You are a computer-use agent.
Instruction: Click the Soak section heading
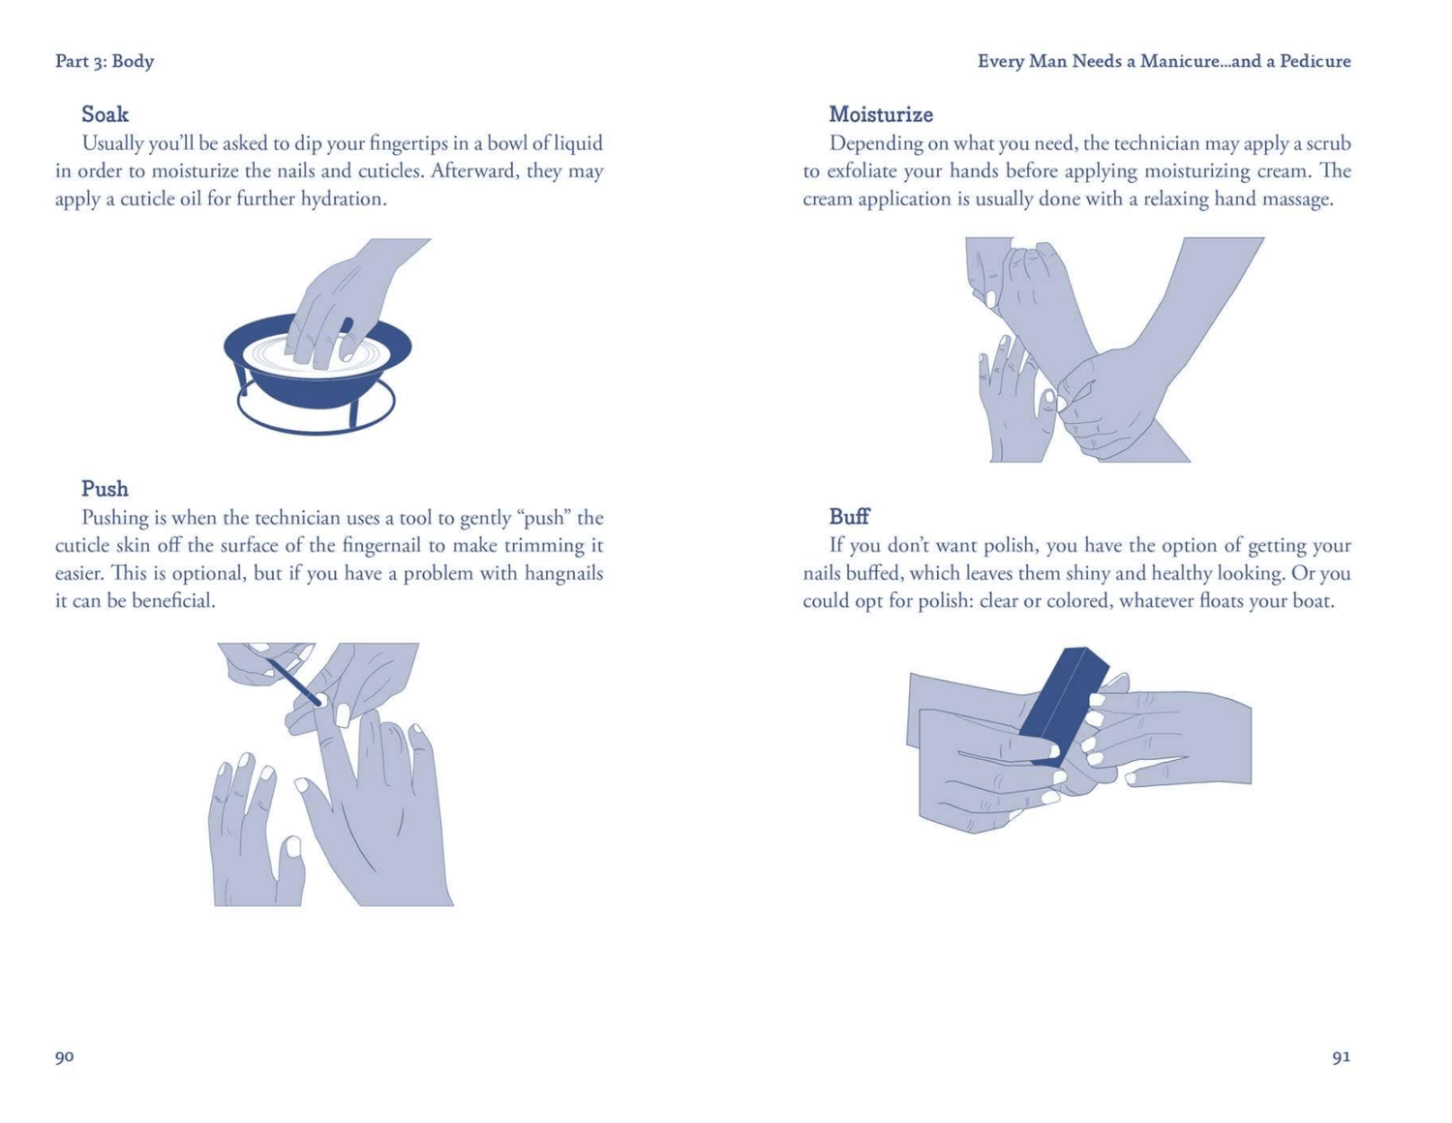pos(105,114)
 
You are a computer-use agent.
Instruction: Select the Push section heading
pos(105,488)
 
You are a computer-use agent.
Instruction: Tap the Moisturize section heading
pos(881,114)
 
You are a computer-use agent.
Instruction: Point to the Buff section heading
pos(849,516)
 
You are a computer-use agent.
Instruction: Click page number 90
pos(64,1056)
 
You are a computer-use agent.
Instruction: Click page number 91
pos(1341,1056)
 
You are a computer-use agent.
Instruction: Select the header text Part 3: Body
pos(105,61)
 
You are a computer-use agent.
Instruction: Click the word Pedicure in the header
pos(1315,61)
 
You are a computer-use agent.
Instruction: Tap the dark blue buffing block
pos(1063,706)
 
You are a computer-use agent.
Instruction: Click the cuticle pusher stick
pos(294,682)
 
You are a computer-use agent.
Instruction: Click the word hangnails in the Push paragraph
pos(564,573)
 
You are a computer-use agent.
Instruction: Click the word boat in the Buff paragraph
pos(1314,600)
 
